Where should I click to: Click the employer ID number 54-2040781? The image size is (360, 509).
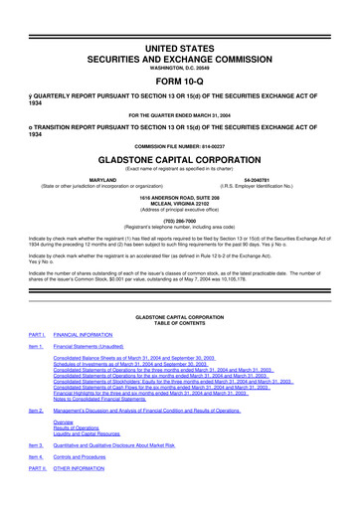point(270,180)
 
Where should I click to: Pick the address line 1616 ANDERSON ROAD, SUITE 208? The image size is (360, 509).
point(180,198)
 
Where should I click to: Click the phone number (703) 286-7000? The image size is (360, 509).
point(180,222)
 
